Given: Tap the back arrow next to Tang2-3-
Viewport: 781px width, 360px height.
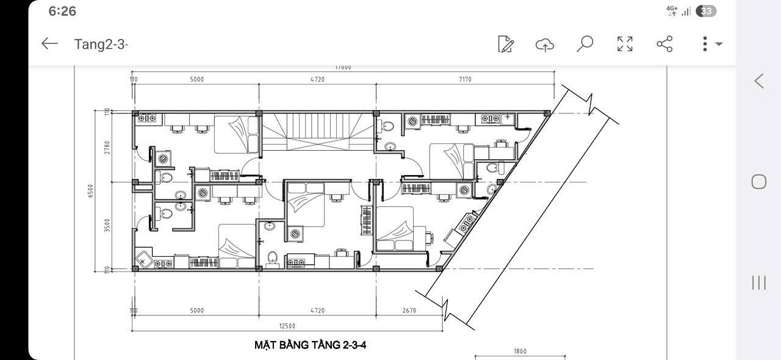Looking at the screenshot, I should point(49,43).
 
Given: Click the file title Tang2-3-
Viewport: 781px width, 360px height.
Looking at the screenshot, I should point(101,44).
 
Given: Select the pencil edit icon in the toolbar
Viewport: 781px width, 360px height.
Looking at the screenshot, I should point(506,44).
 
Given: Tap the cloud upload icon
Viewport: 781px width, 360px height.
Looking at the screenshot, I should point(544,44).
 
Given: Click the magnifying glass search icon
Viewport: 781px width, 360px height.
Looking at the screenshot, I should point(585,44).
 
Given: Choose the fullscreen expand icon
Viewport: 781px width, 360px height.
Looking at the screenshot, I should point(625,44).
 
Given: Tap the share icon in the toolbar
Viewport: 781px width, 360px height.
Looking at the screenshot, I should point(664,44).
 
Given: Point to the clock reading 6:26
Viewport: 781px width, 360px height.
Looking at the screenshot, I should point(62,11).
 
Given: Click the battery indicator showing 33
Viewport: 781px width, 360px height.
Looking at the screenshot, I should point(706,11).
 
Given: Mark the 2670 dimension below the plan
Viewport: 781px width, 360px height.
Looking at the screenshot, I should point(409,311).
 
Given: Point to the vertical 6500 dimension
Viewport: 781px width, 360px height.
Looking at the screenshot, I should point(91,191).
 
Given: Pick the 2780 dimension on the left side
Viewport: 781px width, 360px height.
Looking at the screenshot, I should point(107,148).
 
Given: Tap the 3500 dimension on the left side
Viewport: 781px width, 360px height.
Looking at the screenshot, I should point(107,226).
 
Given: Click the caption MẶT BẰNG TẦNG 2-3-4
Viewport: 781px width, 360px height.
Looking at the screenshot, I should point(310,345).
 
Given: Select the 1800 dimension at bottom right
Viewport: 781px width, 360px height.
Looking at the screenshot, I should point(520,351).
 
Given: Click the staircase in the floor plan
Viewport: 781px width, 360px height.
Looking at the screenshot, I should point(317,134).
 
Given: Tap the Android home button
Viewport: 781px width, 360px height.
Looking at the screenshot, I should point(758,181).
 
